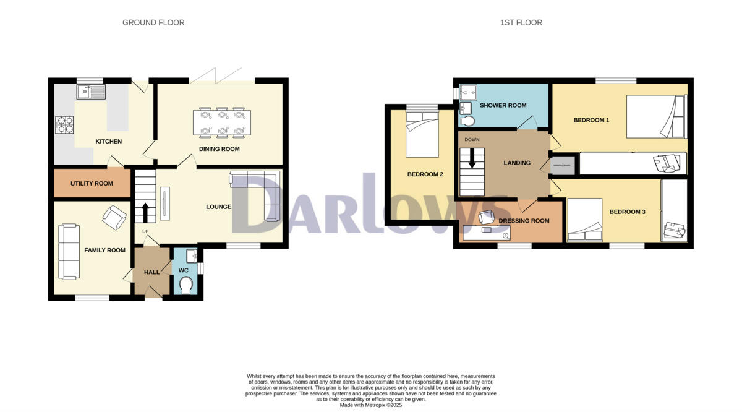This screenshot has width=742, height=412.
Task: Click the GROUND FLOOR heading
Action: pos(153,23)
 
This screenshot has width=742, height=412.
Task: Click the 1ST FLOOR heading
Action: pos(521,23)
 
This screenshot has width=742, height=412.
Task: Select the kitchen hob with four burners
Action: pos(66,125)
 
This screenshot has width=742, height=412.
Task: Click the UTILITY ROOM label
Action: pos(92,184)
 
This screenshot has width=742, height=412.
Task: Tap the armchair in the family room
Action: pos(114,217)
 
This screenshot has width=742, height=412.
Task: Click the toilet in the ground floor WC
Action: pos(185,284)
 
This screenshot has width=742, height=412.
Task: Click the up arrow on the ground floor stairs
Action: pos(146,212)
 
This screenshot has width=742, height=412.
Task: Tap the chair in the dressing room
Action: pos(486,217)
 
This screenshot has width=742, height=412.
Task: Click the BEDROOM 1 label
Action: pos(591,120)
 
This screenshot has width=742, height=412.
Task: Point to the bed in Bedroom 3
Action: pos(585,220)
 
